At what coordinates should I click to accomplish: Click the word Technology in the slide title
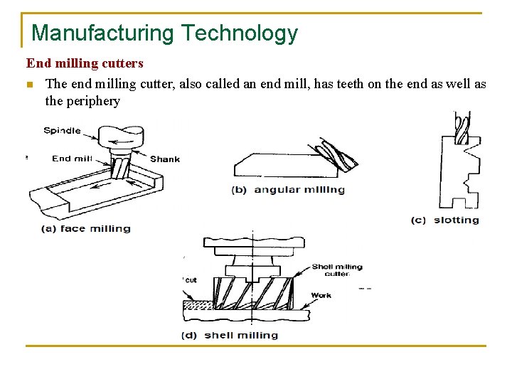coord(239,33)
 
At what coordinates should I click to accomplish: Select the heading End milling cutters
coord(85,64)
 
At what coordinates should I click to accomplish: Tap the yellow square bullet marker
coord(29,85)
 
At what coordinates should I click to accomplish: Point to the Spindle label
coord(62,131)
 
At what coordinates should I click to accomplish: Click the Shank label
coord(165,159)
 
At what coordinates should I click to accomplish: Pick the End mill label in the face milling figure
coord(72,159)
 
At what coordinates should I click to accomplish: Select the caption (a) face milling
coord(85,229)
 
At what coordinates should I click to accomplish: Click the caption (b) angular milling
coord(288,190)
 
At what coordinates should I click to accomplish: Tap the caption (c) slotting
coord(445,220)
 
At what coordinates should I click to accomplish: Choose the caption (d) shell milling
coord(230,335)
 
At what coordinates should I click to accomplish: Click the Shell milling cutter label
coord(337,270)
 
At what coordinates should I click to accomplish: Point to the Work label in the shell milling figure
coord(321,295)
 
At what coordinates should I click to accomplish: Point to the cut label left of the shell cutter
coord(191,280)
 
